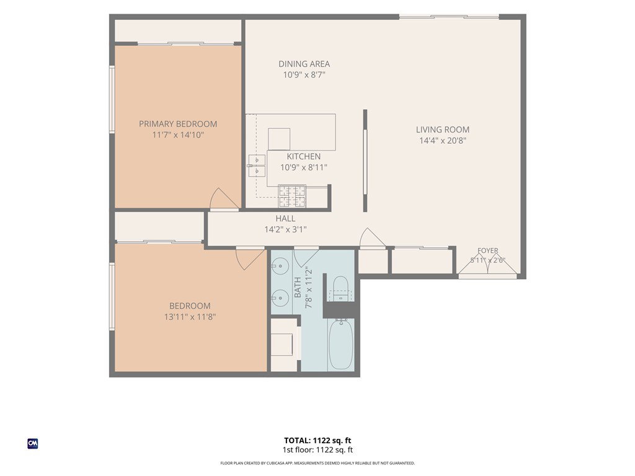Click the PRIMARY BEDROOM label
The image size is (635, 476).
point(178,124)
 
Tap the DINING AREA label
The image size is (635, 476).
point(304,64)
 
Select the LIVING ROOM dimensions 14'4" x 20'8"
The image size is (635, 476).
point(443,141)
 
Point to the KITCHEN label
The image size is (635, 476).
point(304,157)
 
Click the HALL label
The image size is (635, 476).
point(285,219)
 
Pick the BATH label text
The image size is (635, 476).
point(298,288)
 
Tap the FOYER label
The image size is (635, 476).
point(488,250)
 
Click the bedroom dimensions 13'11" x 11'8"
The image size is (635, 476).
point(190,317)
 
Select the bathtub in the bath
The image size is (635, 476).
point(341,345)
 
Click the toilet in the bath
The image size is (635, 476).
point(340,288)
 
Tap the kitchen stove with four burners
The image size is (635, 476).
point(292,196)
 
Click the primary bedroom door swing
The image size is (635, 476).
point(224,199)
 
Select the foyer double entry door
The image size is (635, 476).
point(488,265)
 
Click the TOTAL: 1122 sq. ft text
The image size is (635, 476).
point(317,441)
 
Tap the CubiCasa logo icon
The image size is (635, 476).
point(33,444)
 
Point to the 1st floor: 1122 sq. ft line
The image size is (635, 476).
point(317,450)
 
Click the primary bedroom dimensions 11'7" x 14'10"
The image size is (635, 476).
point(178,134)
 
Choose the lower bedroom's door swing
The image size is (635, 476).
point(250,259)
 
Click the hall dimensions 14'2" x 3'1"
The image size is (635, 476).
point(285,229)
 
